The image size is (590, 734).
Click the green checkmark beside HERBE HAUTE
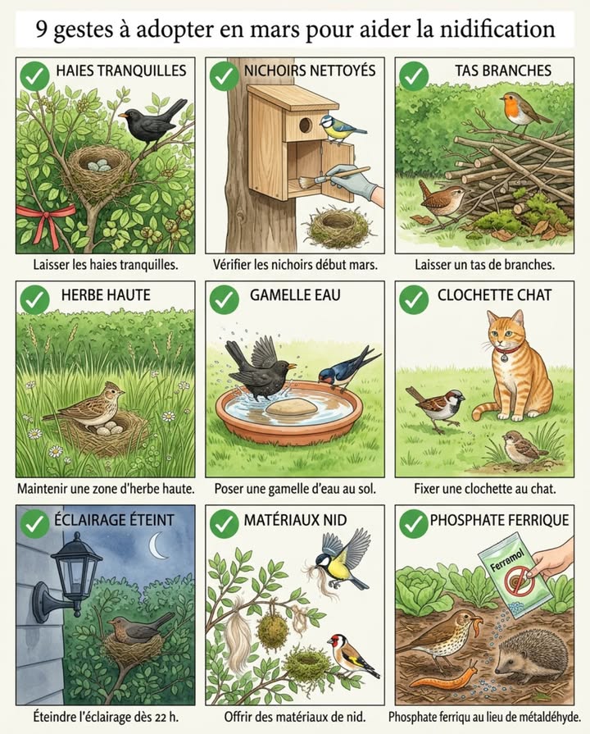click(x=34, y=300)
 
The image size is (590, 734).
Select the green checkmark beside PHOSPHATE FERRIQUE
click(x=414, y=522)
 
